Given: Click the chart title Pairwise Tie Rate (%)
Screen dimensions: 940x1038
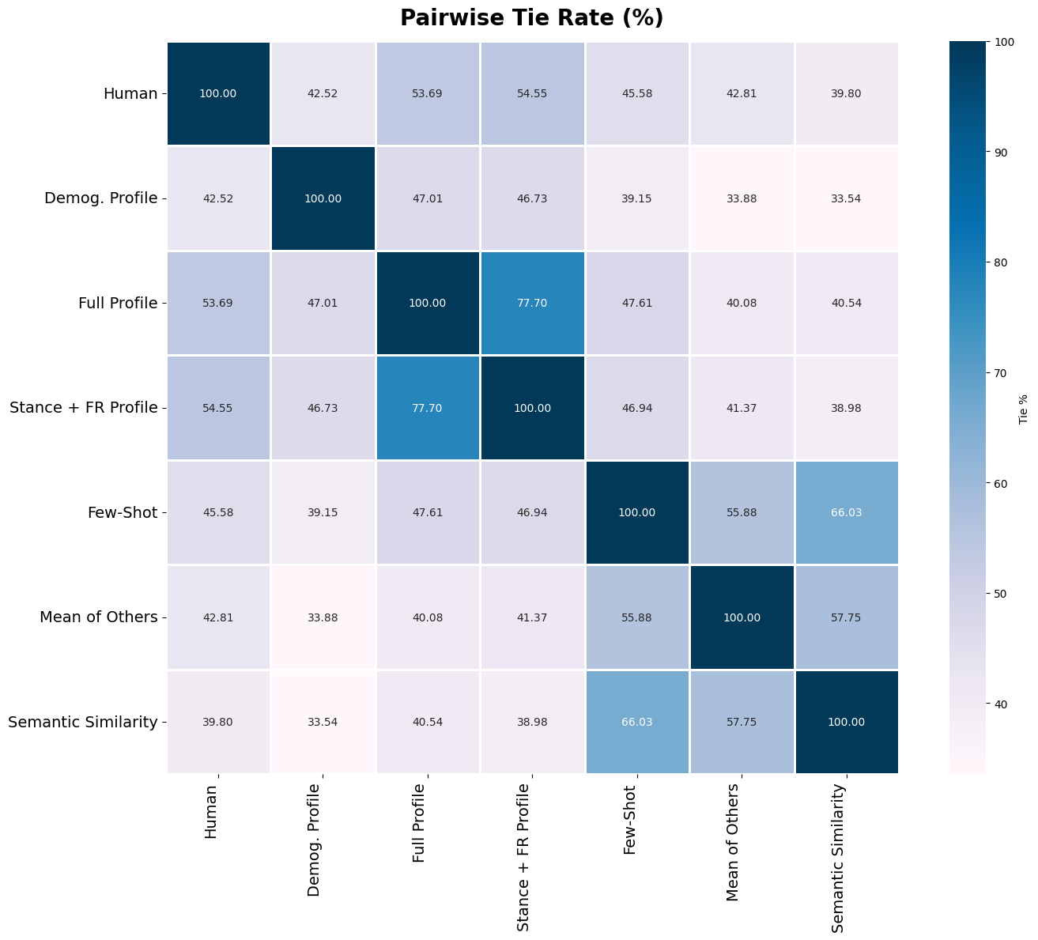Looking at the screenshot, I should pyautogui.click(x=531, y=18).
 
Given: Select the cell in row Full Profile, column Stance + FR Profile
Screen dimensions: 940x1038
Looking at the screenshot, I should pyautogui.click(x=532, y=303).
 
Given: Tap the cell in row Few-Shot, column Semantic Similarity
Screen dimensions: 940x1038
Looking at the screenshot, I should pyautogui.click(x=846, y=512).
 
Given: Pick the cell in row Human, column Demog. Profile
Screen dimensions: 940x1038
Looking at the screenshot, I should pyautogui.click(x=323, y=93).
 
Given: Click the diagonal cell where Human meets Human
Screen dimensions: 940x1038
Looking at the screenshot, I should pyautogui.click(x=218, y=93).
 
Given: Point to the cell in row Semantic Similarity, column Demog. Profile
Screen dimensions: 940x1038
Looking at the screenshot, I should pyautogui.click(x=323, y=722).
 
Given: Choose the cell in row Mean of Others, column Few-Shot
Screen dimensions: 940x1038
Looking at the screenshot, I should pyautogui.click(x=636, y=617).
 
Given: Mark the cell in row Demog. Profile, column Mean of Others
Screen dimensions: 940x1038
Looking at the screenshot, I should pyautogui.click(x=741, y=198).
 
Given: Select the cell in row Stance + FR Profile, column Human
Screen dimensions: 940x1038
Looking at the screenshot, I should pyautogui.click(x=218, y=408).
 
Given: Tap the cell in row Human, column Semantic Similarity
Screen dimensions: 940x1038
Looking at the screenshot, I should pyautogui.click(x=846, y=93).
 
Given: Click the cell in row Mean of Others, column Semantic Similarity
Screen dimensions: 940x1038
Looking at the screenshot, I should pyautogui.click(x=846, y=617).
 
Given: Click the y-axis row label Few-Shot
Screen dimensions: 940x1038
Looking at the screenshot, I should pyautogui.click(x=122, y=512).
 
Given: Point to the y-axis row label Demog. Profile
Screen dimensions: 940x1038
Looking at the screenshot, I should pyautogui.click(x=100, y=198).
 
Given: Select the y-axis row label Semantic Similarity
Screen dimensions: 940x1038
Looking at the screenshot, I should pyautogui.click(x=82, y=722).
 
